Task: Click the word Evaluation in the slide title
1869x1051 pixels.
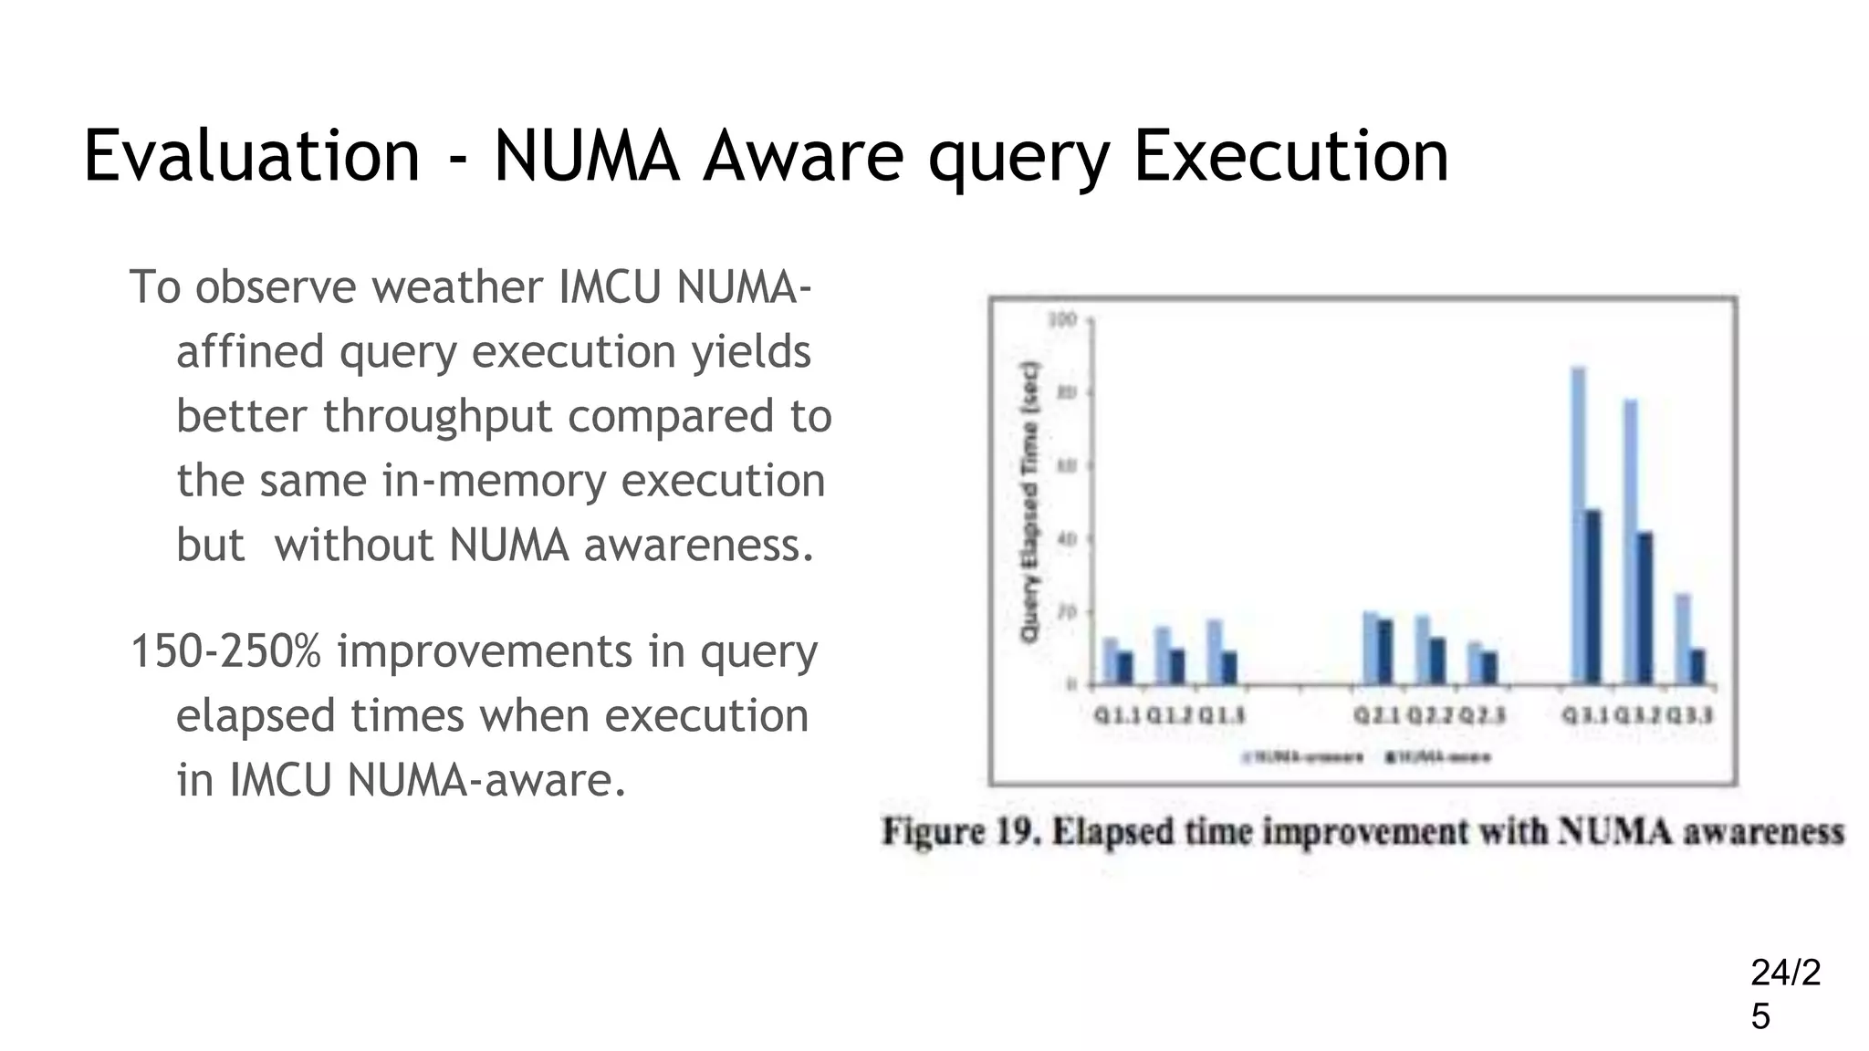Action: [x=251, y=156]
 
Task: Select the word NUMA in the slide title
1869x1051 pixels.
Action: [x=587, y=156]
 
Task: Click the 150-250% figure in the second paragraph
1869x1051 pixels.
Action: [x=226, y=651]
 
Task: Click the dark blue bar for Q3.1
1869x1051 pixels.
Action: [x=1593, y=597]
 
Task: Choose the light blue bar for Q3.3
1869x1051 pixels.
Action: [x=1683, y=639]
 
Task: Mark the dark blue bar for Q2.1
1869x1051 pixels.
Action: [x=1385, y=651]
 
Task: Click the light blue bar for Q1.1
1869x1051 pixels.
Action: [x=1110, y=661]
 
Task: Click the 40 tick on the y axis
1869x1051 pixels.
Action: [x=1065, y=539]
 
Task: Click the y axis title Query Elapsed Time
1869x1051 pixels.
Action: [x=1030, y=502]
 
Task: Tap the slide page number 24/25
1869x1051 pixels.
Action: [x=1784, y=994]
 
